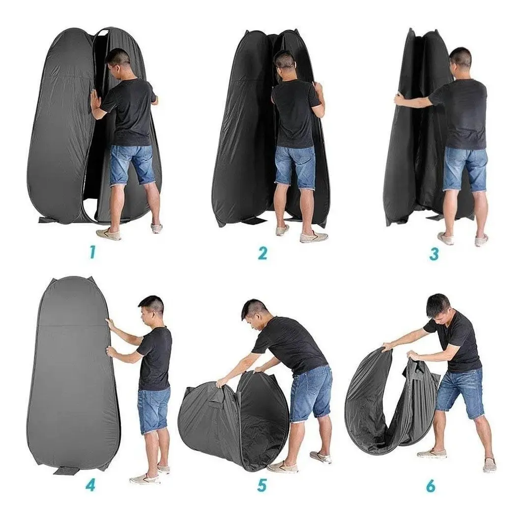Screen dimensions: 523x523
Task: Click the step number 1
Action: point(92,253)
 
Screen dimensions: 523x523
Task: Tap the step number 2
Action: point(262,253)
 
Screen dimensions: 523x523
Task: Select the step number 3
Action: point(434,253)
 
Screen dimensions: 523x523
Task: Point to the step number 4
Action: point(90,485)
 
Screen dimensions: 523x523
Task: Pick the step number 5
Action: point(262,485)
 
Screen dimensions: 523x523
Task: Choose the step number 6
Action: point(431,486)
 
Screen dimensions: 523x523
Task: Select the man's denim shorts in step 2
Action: point(294,167)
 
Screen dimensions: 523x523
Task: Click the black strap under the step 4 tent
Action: point(65,470)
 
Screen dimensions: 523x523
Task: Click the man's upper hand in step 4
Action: point(110,323)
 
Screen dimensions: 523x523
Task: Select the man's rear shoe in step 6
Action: point(431,453)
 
